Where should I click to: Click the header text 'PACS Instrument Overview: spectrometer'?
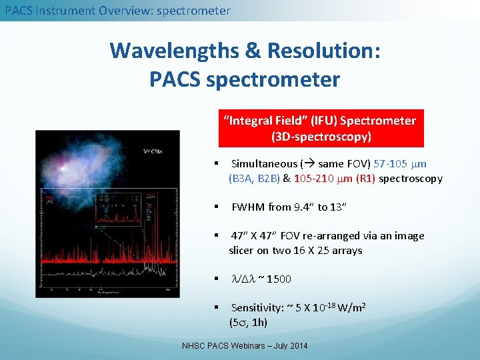coord(117,11)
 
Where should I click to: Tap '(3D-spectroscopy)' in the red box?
coord(321,137)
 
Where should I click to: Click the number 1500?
coord(278,279)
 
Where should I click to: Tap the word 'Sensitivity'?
coord(257,308)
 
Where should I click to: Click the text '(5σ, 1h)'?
coord(248,323)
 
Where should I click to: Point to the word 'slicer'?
coord(244,251)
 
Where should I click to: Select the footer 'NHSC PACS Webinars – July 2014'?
coord(245,346)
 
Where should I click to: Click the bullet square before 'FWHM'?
coord(217,207)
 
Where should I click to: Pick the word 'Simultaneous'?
coord(264,164)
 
